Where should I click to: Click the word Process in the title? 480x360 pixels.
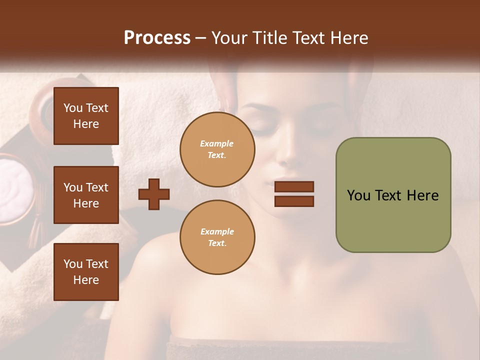point(157,38)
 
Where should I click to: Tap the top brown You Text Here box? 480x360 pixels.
point(86,116)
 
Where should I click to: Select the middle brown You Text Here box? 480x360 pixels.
point(86,195)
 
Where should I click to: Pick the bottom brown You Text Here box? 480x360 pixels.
point(86,271)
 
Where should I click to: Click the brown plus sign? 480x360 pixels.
point(154,194)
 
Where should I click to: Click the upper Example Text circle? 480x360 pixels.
point(217,149)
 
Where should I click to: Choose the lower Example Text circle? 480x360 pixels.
point(217,237)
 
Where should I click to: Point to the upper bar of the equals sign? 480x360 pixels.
point(294,186)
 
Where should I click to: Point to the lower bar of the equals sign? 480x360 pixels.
point(294,201)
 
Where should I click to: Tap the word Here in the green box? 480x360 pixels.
point(422,195)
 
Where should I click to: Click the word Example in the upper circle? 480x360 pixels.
point(217,143)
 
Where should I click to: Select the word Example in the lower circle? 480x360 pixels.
point(217,231)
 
